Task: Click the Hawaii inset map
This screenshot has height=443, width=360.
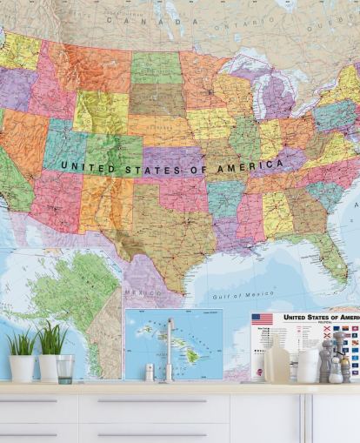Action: [x=173, y=343]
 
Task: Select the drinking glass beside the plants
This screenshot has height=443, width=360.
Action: [x=65, y=368]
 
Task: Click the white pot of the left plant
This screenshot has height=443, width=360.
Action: [x=22, y=368]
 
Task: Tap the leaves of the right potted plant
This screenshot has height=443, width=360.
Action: [x=51, y=339]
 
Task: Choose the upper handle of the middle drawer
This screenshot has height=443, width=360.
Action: [x=153, y=401]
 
